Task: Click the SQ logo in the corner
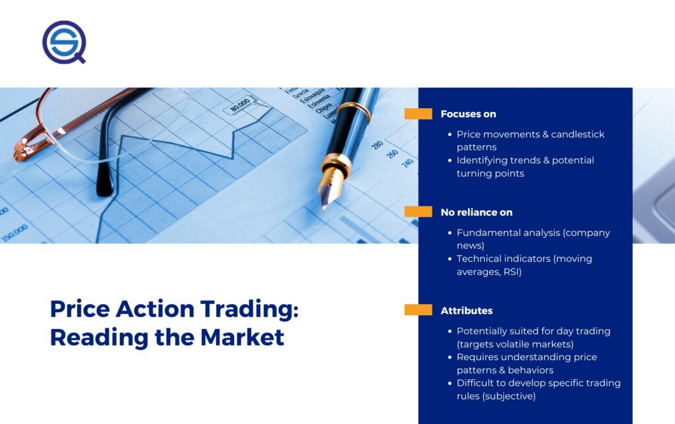(64, 42)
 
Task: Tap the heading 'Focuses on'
(469, 114)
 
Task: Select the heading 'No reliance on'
(477, 212)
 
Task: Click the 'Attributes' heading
(467, 311)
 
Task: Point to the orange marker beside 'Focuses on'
(418, 113)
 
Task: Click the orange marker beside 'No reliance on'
(418, 212)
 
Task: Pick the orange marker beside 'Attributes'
(418, 310)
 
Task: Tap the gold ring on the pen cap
(354, 112)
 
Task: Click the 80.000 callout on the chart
(240, 105)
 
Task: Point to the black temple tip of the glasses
(105, 181)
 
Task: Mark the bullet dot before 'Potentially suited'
(450, 332)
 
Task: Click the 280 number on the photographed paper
(377, 144)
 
